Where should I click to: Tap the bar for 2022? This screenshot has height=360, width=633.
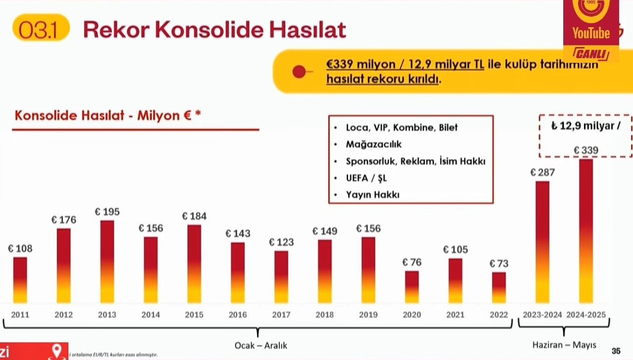[499, 287]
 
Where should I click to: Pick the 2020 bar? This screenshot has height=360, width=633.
[412, 286]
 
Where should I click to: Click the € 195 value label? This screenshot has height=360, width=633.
[107, 212]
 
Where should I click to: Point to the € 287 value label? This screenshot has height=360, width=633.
[543, 173]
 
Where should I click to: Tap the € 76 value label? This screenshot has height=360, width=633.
[412, 262]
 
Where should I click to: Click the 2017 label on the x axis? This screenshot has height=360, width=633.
[281, 315]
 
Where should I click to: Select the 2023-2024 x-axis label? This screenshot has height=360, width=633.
[543, 315]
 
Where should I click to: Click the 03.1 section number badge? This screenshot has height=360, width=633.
[39, 30]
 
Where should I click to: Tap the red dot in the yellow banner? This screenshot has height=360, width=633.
[299, 72]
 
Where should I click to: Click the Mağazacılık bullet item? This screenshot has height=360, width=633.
[374, 144]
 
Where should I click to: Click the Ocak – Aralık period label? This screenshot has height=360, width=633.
[261, 345]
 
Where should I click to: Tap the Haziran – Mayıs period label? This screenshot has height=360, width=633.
[564, 345]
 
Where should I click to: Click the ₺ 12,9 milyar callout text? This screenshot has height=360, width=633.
[586, 126]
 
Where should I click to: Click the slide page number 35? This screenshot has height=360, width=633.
[616, 351]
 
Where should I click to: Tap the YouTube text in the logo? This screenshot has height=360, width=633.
[591, 34]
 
